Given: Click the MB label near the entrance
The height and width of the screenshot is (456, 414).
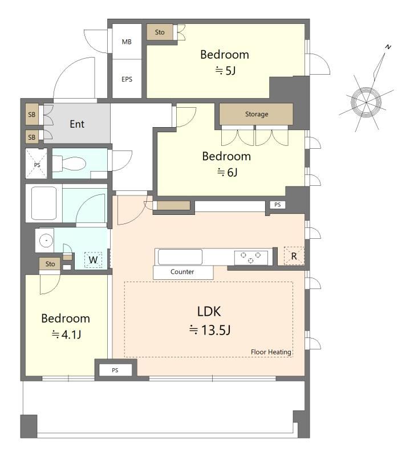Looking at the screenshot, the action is coord(127,42).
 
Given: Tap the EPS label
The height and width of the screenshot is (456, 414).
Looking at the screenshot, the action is coord(127,79).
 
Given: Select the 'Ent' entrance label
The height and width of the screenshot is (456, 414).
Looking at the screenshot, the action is coord(77,124).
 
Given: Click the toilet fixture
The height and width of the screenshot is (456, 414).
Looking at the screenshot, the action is coord(70,164).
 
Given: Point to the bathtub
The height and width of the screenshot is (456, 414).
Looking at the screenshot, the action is coord(44,203).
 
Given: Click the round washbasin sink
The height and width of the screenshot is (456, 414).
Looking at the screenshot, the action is coord(46,241).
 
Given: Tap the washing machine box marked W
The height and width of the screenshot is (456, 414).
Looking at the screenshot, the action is coord(93,260).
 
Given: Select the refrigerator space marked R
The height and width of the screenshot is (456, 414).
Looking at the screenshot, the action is coord(294,256).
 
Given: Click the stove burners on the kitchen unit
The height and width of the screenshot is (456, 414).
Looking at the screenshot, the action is coord(251,258).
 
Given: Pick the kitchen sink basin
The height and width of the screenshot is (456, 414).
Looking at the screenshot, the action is coord(180,257).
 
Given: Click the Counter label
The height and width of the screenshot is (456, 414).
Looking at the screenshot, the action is coord(182,272).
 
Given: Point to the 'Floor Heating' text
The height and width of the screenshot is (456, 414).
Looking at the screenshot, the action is coord(271,352).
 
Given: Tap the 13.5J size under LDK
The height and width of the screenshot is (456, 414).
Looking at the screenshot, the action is coord(210,330).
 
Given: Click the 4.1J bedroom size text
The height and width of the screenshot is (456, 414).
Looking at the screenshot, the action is coord(66,335).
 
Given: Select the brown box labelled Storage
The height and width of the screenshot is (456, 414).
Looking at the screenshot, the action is coord(256,114).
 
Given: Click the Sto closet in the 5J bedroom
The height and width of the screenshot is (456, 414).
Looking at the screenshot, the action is coord(160,32).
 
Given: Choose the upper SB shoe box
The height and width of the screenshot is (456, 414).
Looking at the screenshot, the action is coord(32,115).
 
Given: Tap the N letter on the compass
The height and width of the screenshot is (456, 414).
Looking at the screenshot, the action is coord(388,47).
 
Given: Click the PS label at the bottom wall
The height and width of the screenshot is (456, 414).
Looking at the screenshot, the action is coord(115,370).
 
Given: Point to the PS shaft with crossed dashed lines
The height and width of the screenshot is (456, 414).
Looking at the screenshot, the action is coord(36,163).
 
